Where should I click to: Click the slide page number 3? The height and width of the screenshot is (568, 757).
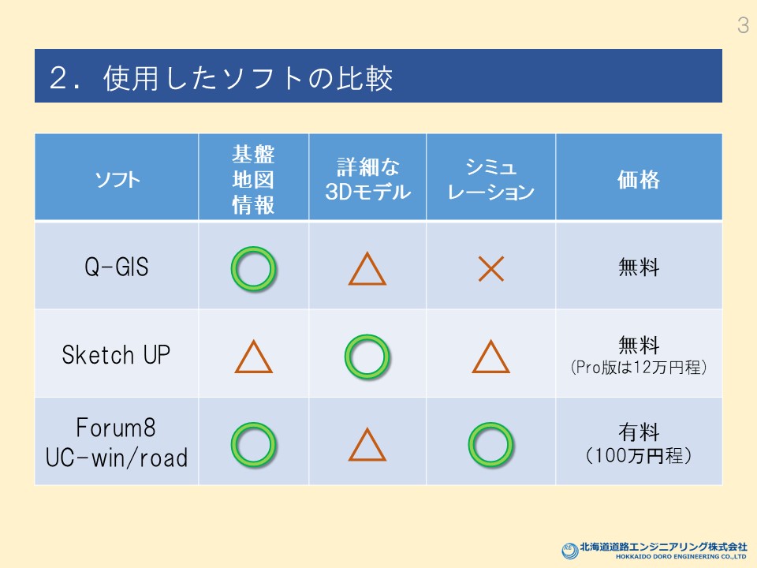point(743,25)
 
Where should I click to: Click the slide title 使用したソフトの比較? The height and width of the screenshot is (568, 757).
point(248,78)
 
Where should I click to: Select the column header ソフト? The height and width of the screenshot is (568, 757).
point(117,180)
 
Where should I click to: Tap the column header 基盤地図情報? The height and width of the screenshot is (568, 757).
point(253,180)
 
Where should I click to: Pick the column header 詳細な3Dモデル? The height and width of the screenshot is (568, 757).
point(368,180)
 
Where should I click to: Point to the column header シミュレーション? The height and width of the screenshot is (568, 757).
point(491,180)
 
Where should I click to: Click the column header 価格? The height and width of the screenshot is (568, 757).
point(638,180)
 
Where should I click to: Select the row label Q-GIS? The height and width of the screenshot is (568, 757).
point(117,267)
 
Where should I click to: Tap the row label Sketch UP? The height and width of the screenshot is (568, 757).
point(116,354)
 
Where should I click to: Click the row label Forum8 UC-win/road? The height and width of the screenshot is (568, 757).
point(117,443)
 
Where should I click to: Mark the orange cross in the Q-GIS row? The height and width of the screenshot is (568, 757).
point(491,269)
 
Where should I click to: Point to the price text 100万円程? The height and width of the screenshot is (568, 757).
point(638,455)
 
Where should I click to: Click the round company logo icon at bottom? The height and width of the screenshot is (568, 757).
point(569,551)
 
